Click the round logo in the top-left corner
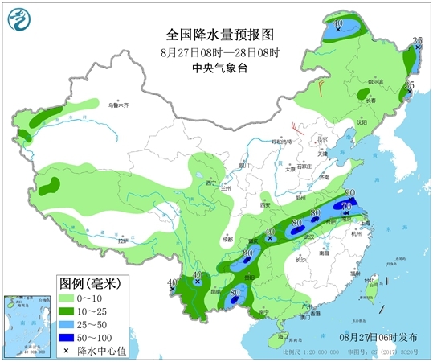(x=19, y=19)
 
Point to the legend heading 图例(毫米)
(x=89, y=283)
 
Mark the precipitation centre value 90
(x=350, y=193)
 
